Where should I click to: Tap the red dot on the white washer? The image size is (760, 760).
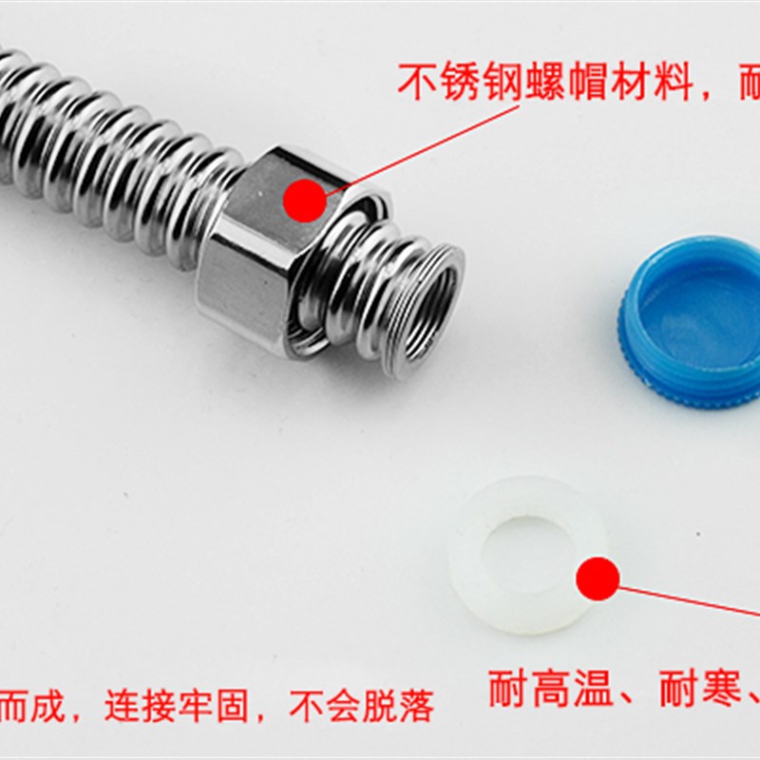pos(598,578)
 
